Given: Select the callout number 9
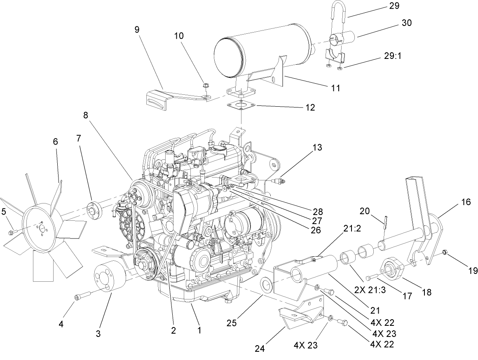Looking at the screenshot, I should pyautogui.click(x=136, y=30).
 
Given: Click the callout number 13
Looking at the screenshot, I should pyautogui.click(x=317, y=147).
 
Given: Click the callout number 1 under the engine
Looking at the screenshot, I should pyautogui.click(x=199, y=330).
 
